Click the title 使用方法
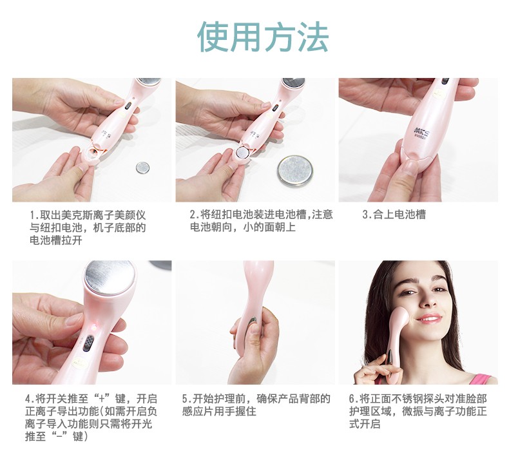click(263, 37)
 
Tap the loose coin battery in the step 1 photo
click(142, 167)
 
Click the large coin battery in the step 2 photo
click(295, 171)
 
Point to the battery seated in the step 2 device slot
click(242, 152)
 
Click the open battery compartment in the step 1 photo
click(93, 152)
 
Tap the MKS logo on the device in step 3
click(422, 131)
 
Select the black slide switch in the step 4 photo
click(88, 343)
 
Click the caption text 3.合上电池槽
click(394, 215)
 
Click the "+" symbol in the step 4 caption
click(104, 399)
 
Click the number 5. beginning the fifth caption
click(187, 399)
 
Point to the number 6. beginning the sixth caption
click(354, 399)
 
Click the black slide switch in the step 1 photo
click(128, 105)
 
